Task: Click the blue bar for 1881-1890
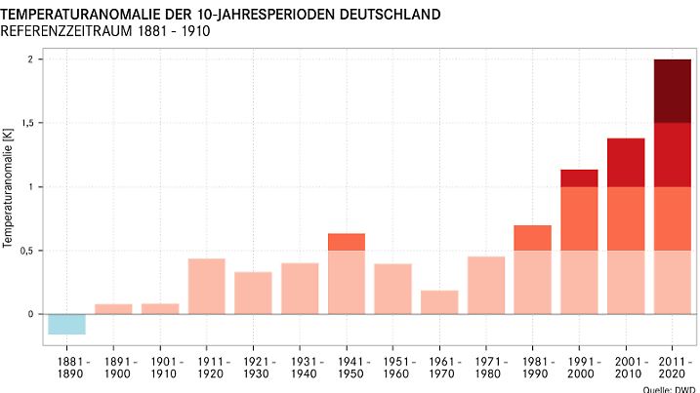tap(66, 324)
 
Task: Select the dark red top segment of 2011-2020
tap(673, 91)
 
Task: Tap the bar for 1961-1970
tap(439, 302)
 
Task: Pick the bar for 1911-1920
tap(206, 286)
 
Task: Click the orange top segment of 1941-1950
tap(347, 242)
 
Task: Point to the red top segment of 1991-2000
tap(579, 177)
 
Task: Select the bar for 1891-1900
tap(113, 309)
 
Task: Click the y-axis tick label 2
tap(30, 59)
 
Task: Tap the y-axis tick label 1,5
tap(26, 123)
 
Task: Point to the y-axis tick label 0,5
tap(26, 251)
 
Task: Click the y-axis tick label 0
tap(30, 314)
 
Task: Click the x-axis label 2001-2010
tap(626, 368)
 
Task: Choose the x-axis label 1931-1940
tap(300, 368)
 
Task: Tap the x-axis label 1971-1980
tap(486, 368)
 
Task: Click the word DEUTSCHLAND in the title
tap(382, 15)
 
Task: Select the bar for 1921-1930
tap(253, 293)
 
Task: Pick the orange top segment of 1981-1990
tap(532, 238)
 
